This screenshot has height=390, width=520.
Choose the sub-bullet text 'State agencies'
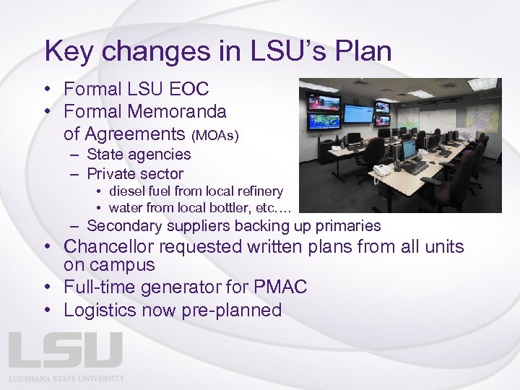(x=139, y=154)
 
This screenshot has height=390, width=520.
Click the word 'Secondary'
(x=121, y=226)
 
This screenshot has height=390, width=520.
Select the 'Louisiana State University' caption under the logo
(x=66, y=378)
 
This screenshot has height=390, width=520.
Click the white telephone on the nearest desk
(x=382, y=171)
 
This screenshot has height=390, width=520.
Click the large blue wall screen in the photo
(x=357, y=113)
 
